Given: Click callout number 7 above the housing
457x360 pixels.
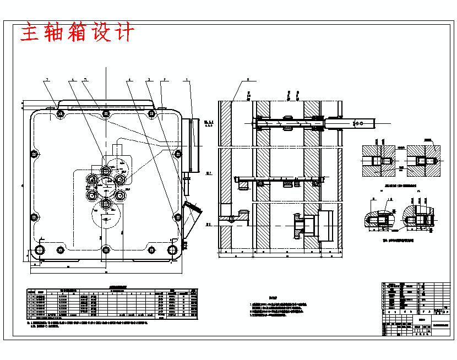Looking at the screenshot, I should click(x=47, y=80).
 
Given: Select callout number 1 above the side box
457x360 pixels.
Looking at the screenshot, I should click(x=187, y=80).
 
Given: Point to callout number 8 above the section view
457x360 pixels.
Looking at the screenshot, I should click(x=248, y=80).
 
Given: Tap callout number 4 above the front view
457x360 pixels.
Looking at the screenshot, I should click(x=129, y=80).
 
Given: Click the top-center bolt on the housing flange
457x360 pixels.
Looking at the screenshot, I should click(x=105, y=114).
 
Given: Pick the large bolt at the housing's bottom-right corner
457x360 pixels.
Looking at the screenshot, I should click(x=173, y=250).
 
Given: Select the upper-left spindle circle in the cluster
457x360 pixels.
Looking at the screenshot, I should click(x=92, y=180).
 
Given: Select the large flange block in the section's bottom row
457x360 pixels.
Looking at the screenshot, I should click(x=325, y=226).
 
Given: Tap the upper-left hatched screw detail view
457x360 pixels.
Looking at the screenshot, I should click(x=378, y=161).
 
